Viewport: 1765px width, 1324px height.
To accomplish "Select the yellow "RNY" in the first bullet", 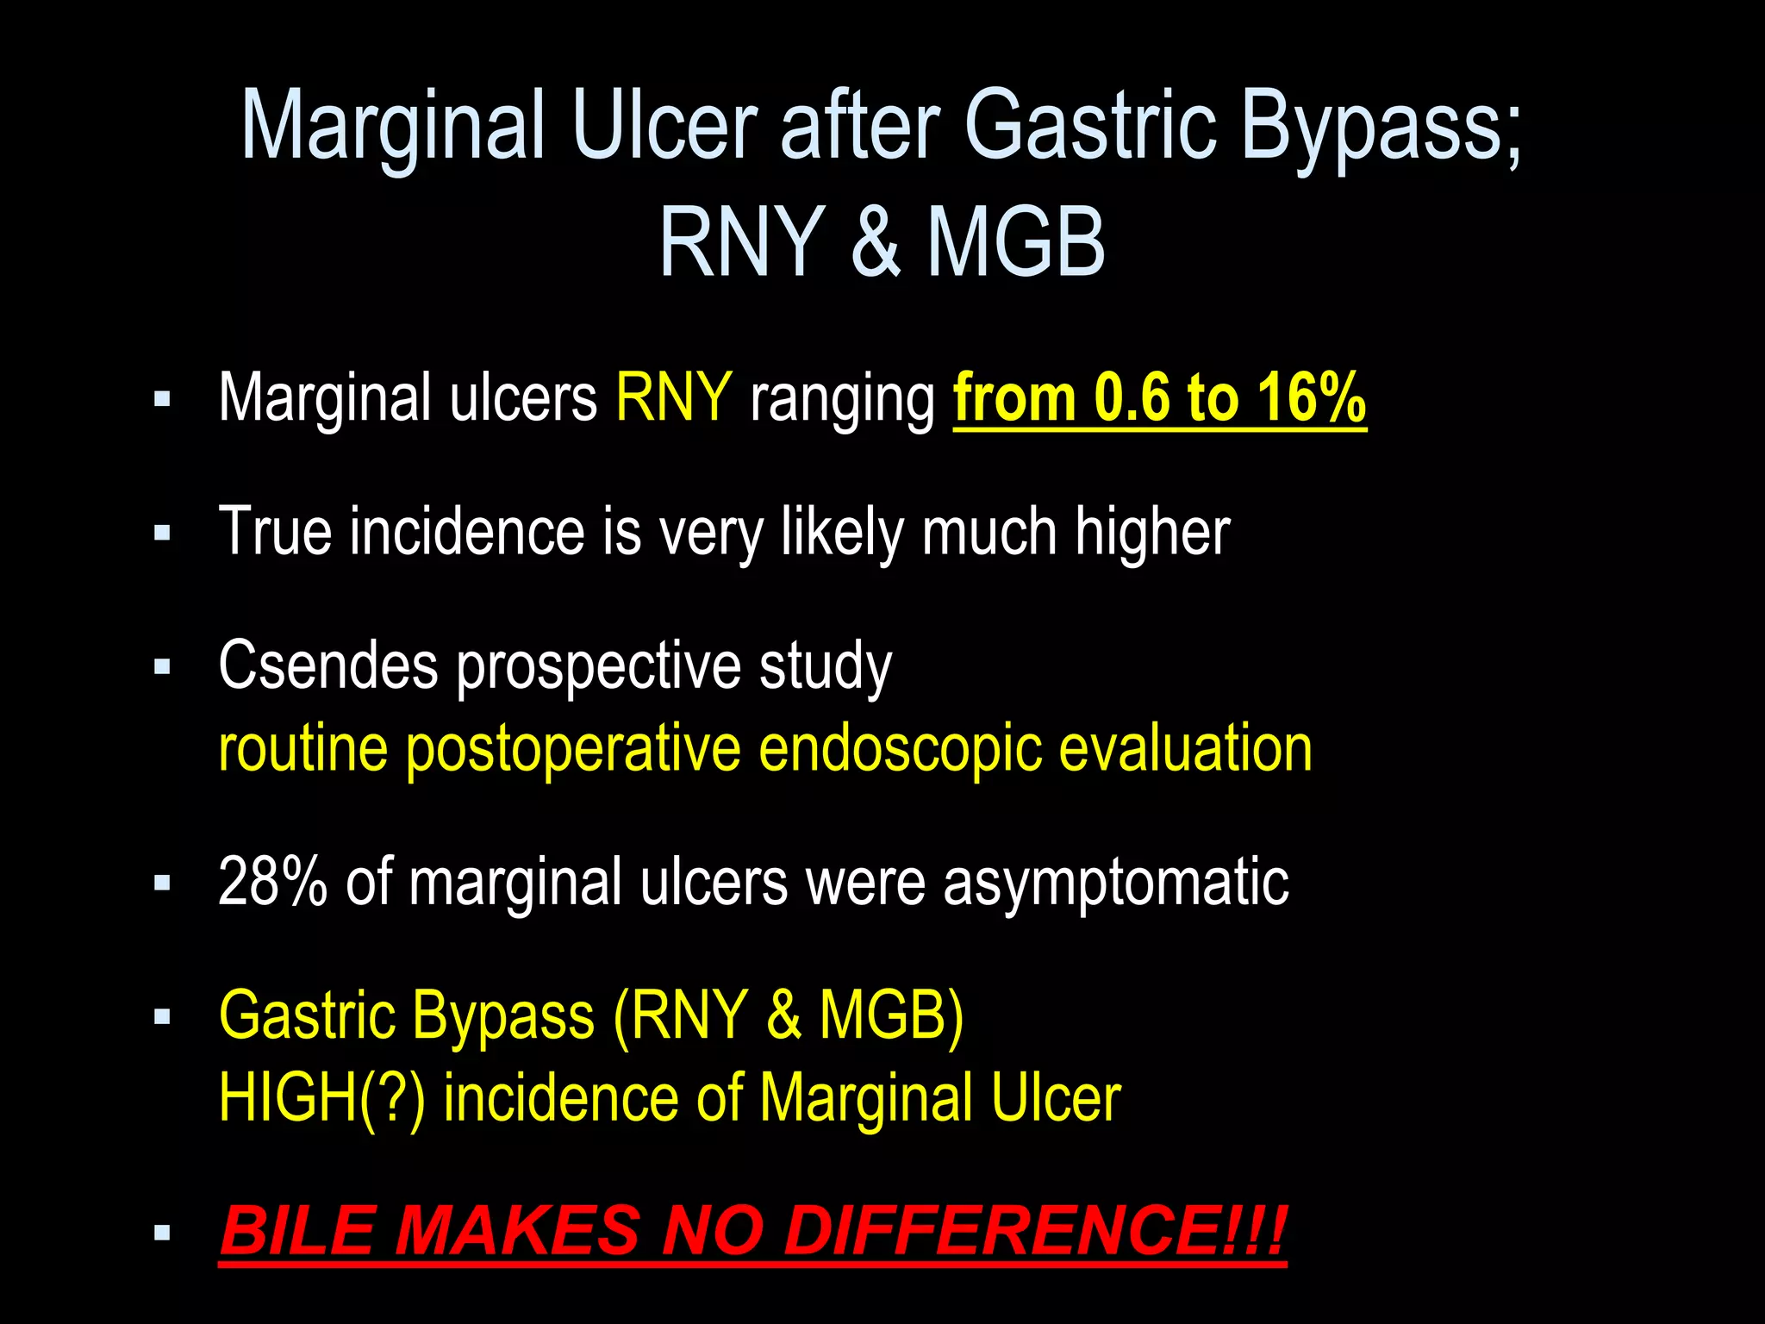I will click(x=674, y=397).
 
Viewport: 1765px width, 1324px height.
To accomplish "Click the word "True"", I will click(x=275, y=531).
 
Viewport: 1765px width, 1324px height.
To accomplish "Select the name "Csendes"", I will click(x=328, y=665).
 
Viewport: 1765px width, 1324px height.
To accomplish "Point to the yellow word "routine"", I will click(x=302, y=748).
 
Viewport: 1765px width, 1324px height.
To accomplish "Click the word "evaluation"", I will click(x=1185, y=748).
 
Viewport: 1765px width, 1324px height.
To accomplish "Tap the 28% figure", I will click(x=272, y=882).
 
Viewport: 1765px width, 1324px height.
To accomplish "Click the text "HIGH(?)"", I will click(x=322, y=1098).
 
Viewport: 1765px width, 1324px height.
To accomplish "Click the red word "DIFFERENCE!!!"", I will click(x=1034, y=1230).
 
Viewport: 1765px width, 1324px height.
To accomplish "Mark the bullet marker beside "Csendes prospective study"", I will click(x=162, y=666).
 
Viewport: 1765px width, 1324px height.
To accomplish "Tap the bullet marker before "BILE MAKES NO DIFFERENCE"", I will click(x=162, y=1233).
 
